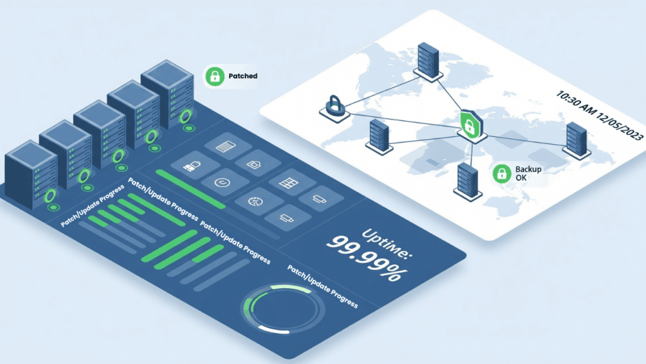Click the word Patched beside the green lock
point(243,76)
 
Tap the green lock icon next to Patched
point(214,76)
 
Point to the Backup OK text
point(528,174)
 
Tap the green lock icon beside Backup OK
point(502,173)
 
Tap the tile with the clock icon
point(221,182)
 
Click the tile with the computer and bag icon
point(191,166)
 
